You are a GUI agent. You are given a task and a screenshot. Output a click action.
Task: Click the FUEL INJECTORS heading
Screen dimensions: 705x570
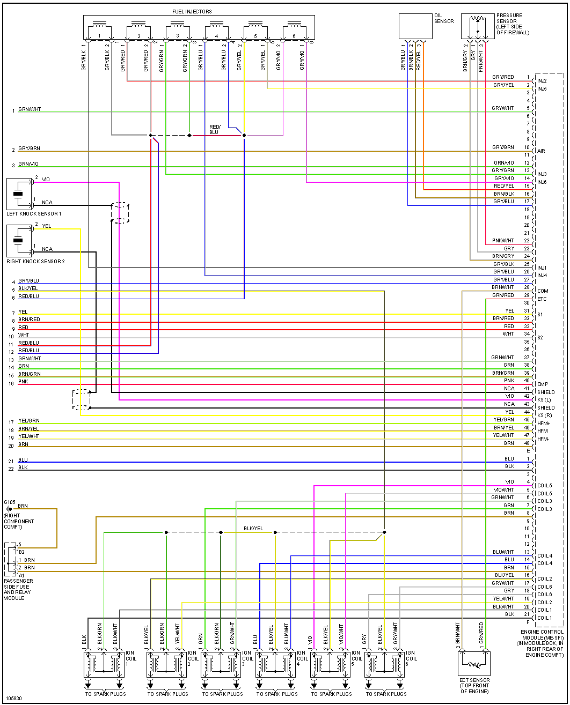(x=192, y=11)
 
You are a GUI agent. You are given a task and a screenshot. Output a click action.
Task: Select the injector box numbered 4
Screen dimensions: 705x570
(x=216, y=31)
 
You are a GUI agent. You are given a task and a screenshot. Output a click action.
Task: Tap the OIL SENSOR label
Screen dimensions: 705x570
(x=443, y=18)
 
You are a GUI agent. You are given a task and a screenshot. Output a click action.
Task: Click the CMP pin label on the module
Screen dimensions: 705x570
(x=542, y=384)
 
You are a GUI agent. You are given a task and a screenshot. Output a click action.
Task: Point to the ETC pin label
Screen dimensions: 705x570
(x=542, y=299)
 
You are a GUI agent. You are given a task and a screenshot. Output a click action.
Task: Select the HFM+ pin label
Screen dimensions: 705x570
(x=543, y=424)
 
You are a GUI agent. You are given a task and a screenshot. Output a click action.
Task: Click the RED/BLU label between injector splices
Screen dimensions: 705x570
(x=214, y=129)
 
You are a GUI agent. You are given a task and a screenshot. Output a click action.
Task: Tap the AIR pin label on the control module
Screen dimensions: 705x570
(x=541, y=151)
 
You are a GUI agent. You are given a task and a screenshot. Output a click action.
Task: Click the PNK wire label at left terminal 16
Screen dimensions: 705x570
(x=23, y=381)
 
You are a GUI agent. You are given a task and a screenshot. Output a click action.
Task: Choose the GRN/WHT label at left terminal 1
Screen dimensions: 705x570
(x=30, y=109)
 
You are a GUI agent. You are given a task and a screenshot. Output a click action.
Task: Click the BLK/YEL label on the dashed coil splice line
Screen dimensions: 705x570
(x=253, y=528)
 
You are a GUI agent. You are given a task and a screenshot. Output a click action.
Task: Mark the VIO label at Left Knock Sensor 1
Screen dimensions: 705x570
(x=46, y=179)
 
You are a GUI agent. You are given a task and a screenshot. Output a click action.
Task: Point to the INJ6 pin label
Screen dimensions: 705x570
(x=542, y=182)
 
